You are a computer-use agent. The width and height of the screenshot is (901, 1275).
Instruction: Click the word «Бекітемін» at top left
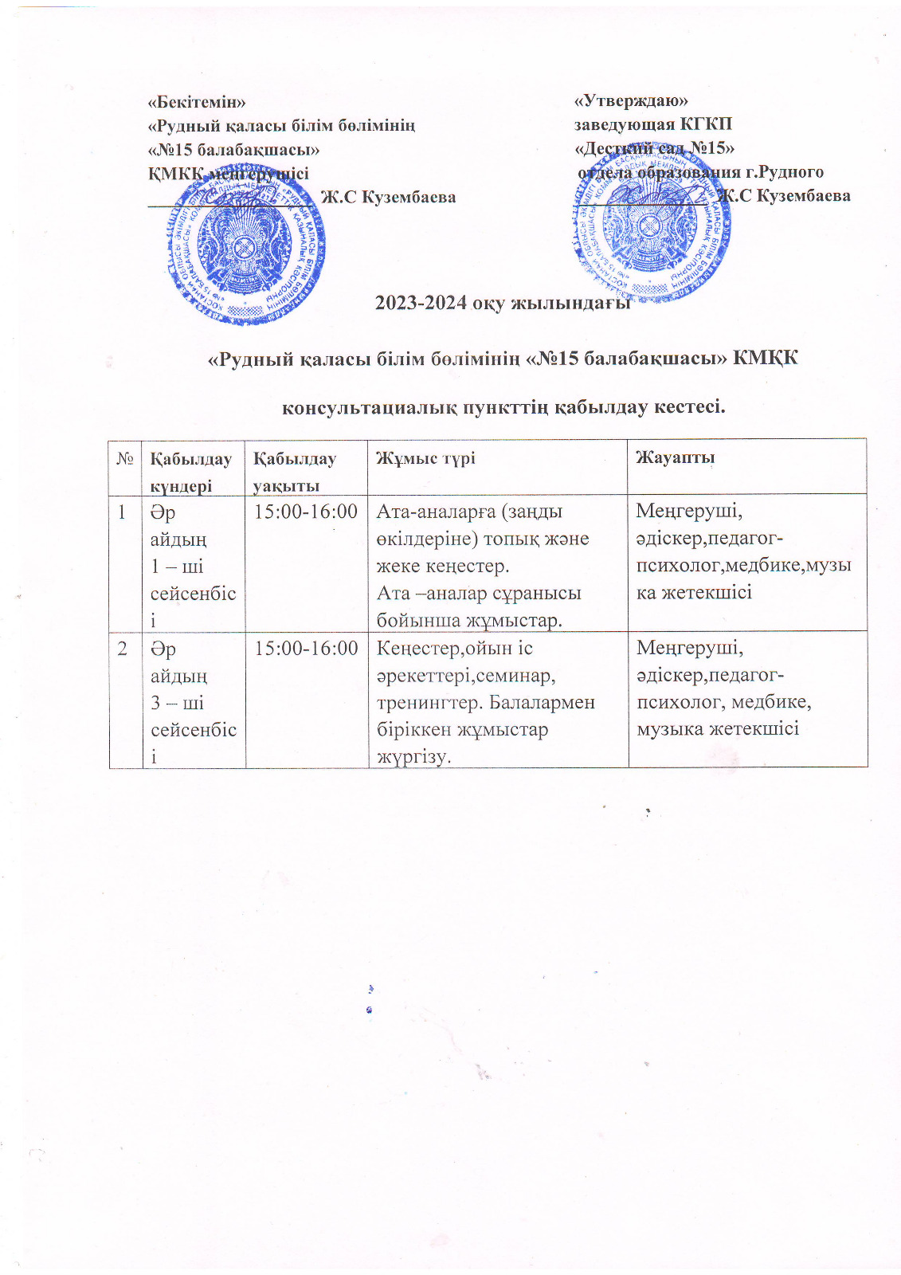(x=197, y=102)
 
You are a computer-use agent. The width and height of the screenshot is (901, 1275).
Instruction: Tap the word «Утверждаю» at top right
(x=631, y=100)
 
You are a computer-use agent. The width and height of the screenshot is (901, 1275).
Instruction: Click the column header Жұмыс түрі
(x=425, y=457)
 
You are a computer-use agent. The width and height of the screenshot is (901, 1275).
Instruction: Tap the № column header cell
(x=125, y=458)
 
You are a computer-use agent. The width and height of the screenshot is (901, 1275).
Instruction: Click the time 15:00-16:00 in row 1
(x=306, y=512)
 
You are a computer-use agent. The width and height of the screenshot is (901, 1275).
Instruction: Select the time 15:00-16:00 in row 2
(x=306, y=649)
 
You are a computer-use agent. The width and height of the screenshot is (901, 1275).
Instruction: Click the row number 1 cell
(x=123, y=512)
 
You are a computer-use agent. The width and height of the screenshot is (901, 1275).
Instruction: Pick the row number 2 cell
(x=123, y=649)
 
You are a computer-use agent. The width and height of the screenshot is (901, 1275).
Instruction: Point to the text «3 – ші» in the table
(x=177, y=703)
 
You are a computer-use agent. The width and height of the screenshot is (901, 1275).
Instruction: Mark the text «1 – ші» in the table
(x=177, y=566)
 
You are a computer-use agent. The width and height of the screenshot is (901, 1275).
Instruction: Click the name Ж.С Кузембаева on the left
(x=388, y=197)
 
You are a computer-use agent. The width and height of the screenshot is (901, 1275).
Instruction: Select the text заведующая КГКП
(x=653, y=124)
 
